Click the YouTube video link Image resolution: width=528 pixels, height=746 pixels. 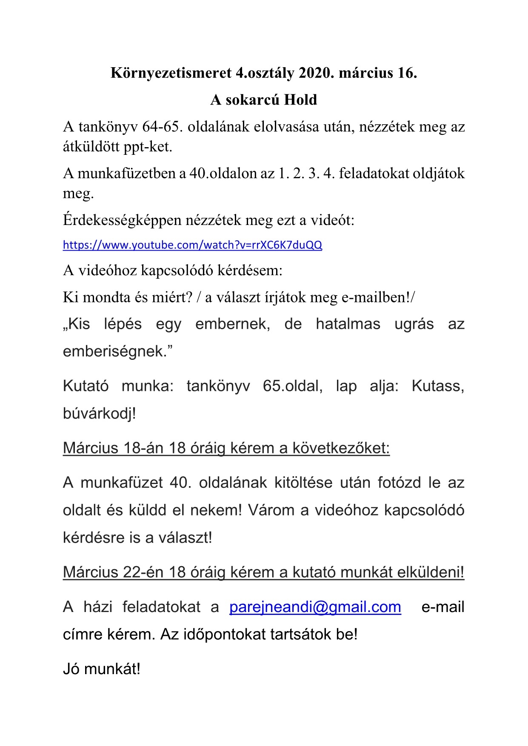(x=192, y=245)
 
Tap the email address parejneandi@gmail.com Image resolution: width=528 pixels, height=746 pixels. (x=315, y=607)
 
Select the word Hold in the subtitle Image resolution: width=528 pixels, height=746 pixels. (x=300, y=100)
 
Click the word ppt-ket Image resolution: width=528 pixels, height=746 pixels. (x=148, y=147)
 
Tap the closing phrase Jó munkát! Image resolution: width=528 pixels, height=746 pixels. (x=101, y=669)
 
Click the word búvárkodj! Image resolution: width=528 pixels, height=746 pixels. (x=100, y=413)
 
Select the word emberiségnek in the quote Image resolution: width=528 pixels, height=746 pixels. (x=118, y=351)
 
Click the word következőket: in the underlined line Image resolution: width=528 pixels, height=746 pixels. (x=341, y=448)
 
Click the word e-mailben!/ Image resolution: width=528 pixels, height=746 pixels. (x=378, y=297)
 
